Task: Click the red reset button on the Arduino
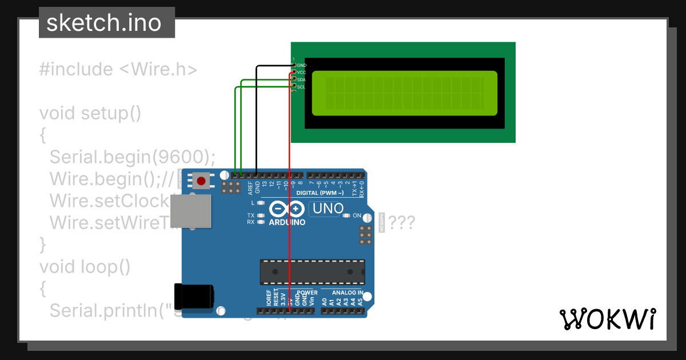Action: pyautogui.click(x=201, y=181)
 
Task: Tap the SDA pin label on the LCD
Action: pyautogui.click(x=301, y=80)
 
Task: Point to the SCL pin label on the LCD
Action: pyautogui.click(x=301, y=87)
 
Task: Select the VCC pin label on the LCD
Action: pyautogui.click(x=301, y=73)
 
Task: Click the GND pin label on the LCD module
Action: pyautogui.click(x=301, y=65)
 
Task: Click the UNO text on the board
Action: pyautogui.click(x=326, y=209)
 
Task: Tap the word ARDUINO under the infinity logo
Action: pyautogui.click(x=287, y=222)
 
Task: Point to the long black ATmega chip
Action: pyautogui.click(x=312, y=272)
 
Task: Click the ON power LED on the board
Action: pyautogui.click(x=346, y=216)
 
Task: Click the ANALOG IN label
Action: pyautogui.click(x=344, y=293)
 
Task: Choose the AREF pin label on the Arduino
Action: pyautogui.click(x=250, y=188)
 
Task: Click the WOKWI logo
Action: pyautogui.click(x=608, y=319)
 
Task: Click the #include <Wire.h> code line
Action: pyautogui.click(x=118, y=70)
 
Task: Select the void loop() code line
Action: pyautogui.click(x=85, y=266)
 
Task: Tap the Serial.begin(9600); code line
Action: pyautogui.click(x=133, y=157)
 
